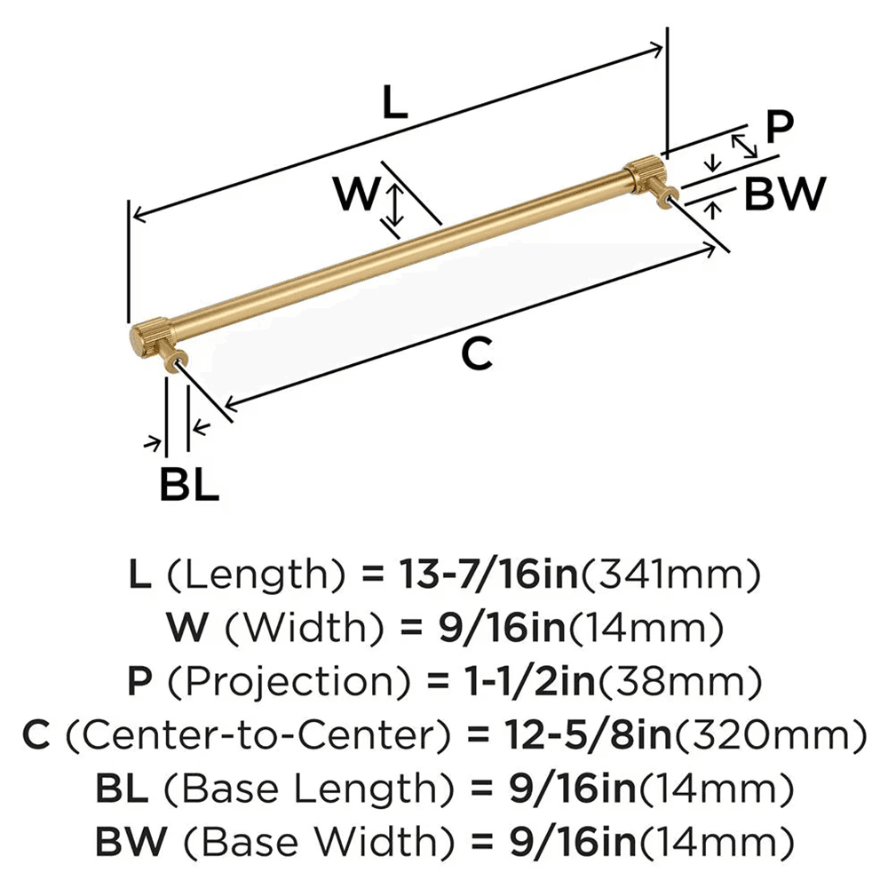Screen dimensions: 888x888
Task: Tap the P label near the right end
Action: click(779, 126)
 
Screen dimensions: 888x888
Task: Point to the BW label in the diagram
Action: click(784, 194)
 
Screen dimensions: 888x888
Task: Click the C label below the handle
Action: click(476, 355)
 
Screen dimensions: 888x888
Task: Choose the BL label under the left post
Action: click(188, 485)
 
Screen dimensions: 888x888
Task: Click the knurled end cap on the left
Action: click(143, 337)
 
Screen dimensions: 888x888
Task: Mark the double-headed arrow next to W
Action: click(394, 203)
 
